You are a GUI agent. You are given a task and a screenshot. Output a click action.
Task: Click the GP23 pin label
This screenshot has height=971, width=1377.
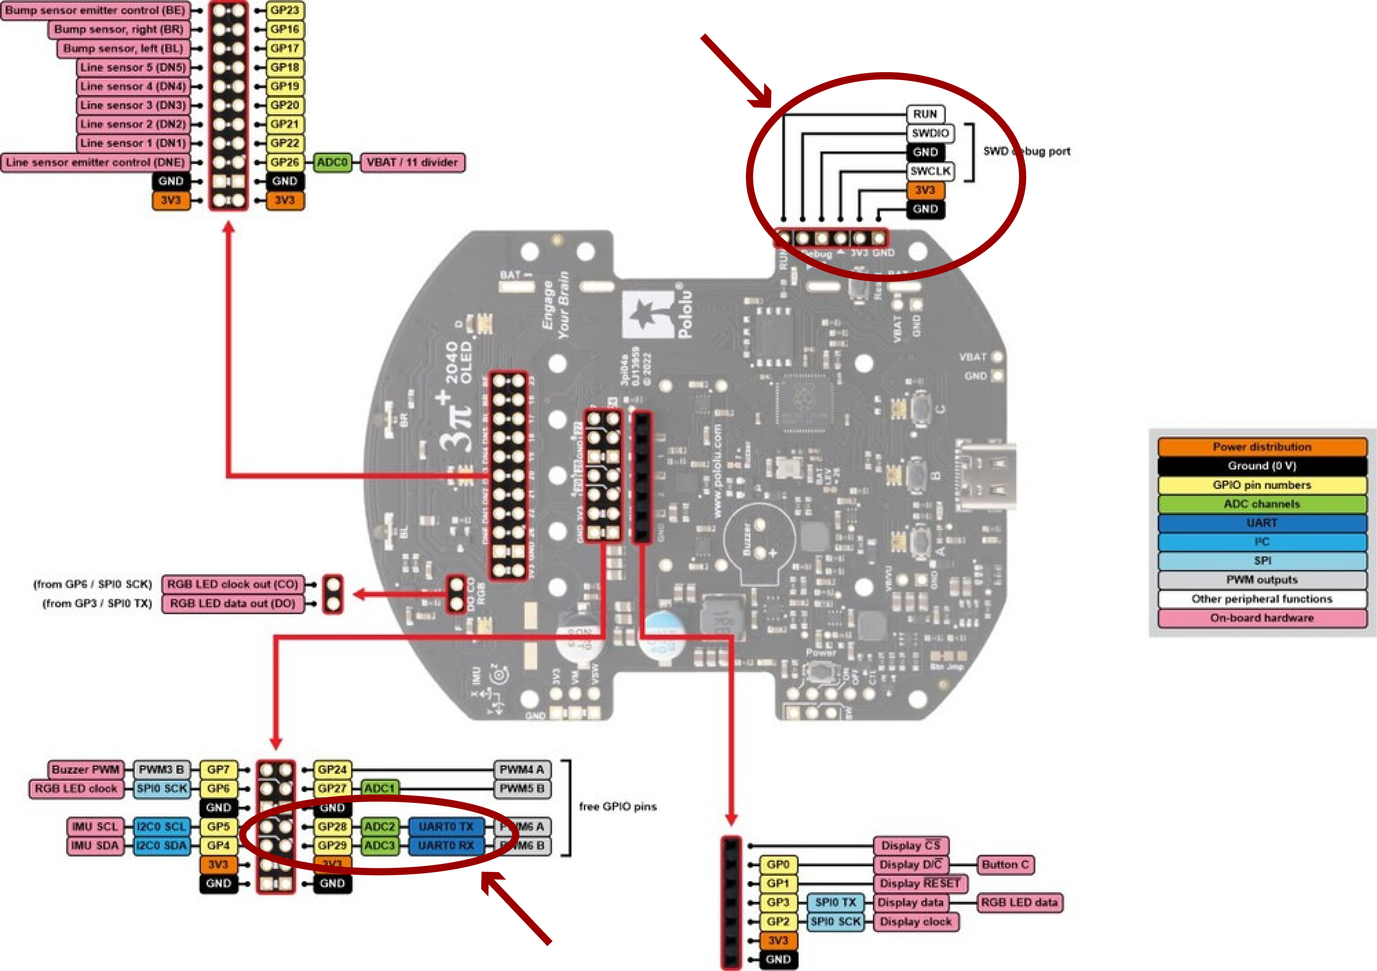284,10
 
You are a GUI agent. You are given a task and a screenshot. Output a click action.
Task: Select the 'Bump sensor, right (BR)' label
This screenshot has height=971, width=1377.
119,29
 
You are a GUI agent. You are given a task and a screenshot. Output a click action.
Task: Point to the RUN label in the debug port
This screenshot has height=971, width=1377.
925,114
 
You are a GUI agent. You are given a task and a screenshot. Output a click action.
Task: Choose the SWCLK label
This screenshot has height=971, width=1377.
930,171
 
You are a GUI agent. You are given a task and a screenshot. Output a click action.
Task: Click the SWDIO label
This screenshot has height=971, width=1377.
930,133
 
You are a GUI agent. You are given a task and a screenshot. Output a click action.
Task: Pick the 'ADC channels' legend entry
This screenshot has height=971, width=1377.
1262,504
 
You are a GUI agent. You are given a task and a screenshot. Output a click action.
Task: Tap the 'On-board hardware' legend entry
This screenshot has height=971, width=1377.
1262,618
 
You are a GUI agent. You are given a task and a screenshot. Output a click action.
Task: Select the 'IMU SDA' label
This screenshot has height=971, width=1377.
95,845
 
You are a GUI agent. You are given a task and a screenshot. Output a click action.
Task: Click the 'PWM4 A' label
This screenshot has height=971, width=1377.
521,770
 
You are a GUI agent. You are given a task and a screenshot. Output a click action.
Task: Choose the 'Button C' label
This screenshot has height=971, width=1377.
1005,865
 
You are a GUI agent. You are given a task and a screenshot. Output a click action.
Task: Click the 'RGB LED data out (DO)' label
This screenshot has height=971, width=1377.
232,603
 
